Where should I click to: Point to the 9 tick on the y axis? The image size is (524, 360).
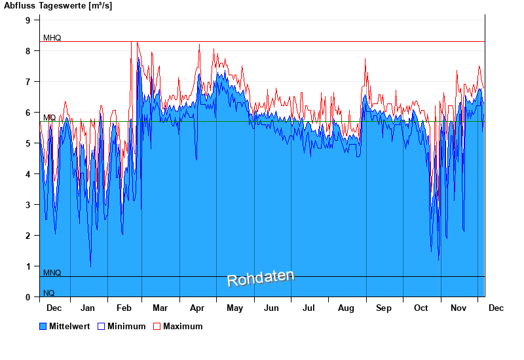click(x=28, y=20)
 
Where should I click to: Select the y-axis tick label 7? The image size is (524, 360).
click(x=28, y=82)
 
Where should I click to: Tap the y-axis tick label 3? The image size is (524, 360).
click(x=28, y=205)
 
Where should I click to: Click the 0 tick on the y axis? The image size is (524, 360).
click(x=28, y=297)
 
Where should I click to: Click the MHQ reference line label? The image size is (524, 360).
click(x=52, y=38)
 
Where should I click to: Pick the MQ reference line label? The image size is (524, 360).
click(x=49, y=118)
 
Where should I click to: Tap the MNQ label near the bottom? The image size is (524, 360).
click(x=52, y=272)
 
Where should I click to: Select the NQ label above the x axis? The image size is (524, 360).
click(x=49, y=293)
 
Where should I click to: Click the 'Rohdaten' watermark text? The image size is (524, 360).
click(x=261, y=278)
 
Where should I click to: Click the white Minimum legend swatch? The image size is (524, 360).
click(x=101, y=326)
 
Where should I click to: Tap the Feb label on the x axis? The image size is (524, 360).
click(x=124, y=308)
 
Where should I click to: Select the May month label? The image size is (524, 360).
click(x=234, y=308)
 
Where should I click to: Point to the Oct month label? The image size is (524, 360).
click(x=421, y=308)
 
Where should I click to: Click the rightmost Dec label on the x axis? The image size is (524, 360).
click(x=496, y=308)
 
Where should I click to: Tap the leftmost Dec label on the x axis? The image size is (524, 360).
click(x=54, y=308)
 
